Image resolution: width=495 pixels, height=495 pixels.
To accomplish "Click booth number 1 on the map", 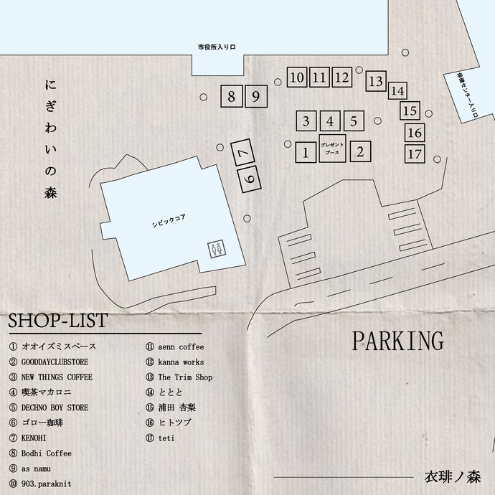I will click(306, 152).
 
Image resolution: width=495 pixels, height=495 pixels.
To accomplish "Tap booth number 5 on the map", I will click(354, 121).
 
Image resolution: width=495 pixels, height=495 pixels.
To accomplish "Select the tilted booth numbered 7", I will click(243, 154).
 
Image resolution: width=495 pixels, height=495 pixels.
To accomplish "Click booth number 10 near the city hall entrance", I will click(298, 77).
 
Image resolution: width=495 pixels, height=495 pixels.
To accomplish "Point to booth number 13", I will click(376, 82).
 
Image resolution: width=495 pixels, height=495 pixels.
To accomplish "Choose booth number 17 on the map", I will click(414, 154).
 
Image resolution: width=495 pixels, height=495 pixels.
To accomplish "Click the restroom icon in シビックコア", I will click(217, 248).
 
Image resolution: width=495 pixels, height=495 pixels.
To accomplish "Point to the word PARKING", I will click(397, 341).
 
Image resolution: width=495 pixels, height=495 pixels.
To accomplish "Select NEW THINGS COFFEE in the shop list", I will click(57, 377).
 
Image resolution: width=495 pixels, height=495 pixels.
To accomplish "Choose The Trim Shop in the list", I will click(184, 377).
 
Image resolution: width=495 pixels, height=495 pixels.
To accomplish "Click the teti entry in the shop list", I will click(166, 438).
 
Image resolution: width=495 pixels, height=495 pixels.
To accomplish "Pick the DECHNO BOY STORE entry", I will click(55, 407).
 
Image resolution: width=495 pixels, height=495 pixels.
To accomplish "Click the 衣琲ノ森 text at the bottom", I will click(452, 477).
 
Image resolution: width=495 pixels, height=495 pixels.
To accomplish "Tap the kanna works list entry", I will click(180, 362).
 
